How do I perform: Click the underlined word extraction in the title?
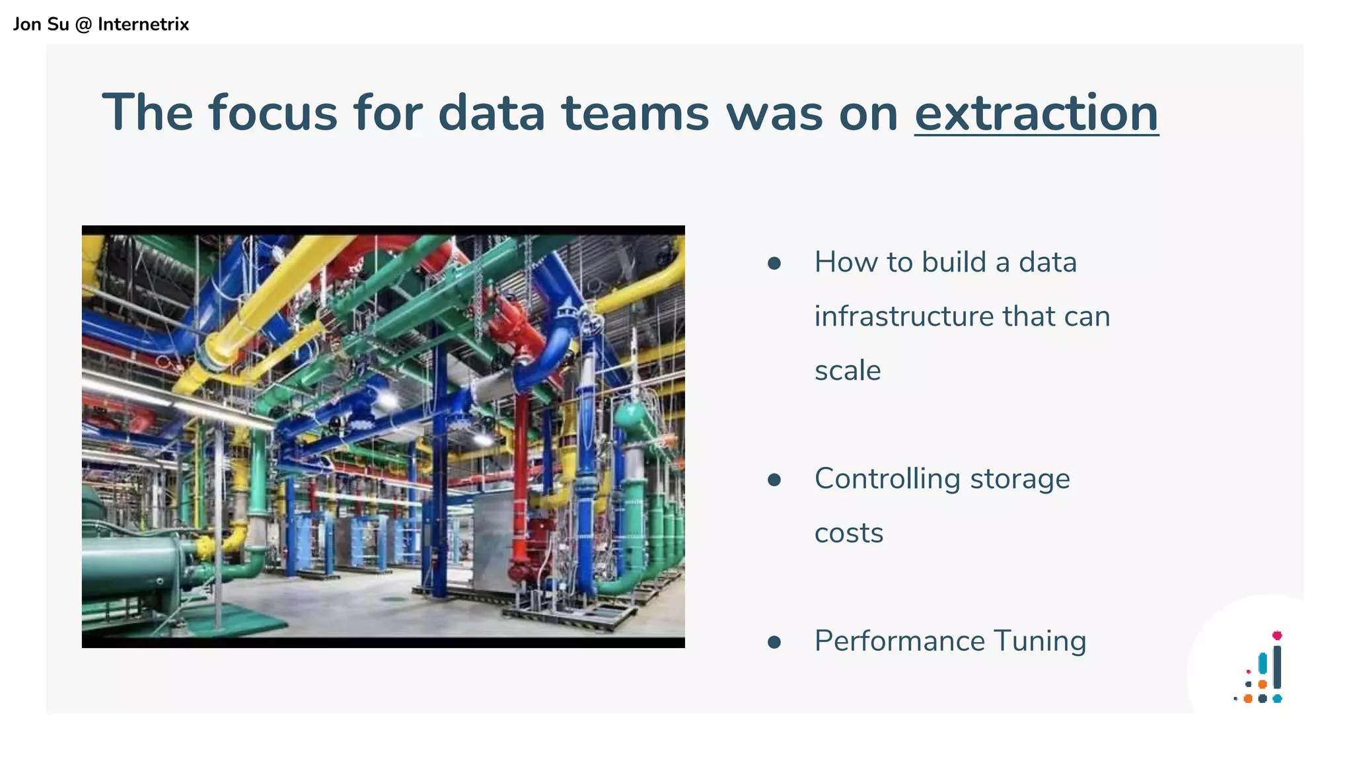pyautogui.click(x=1036, y=113)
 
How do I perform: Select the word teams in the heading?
pyautogui.click(x=636, y=113)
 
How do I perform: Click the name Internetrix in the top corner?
pyautogui.click(x=143, y=24)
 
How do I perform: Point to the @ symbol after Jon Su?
pyautogui.click(x=83, y=24)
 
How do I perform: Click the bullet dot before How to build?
pyautogui.click(x=774, y=264)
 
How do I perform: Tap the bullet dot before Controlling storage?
pyautogui.click(x=774, y=480)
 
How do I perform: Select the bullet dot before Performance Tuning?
pyautogui.click(x=774, y=641)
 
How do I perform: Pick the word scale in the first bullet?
pyautogui.click(x=848, y=370)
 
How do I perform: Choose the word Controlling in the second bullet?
pyautogui.click(x=887, y=479)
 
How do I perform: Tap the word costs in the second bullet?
pyautogui.click(x=848, y=533)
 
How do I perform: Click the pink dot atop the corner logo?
pyautogui.click(x=1277, y=635)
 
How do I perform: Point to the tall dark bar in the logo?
pyautogui.click(x=1277, y=667)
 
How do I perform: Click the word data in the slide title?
pyautogui.click(x=492, y=113)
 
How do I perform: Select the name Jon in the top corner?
pyautogui.click(x=27, y=24)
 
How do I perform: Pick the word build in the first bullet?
pyautogui.click(x=953, y=262)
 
